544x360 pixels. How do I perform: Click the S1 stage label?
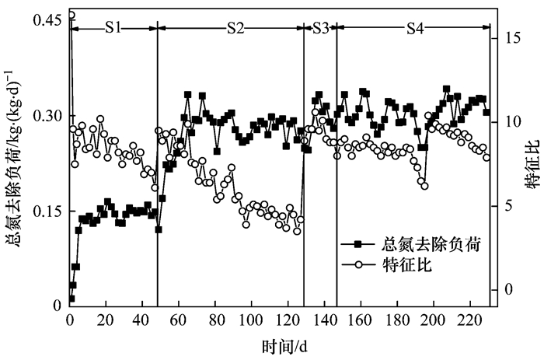pos(113,28)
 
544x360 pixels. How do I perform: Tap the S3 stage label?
pos(320,28)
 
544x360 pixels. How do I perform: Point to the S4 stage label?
pos(415,28)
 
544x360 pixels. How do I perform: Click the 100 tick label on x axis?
pos(251,320)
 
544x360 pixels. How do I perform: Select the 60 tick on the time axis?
pos(179,320)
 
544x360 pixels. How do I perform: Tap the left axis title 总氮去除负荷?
pos(15,164)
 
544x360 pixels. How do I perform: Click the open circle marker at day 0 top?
pos(71,15)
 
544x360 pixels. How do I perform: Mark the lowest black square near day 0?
pos(71,299)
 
